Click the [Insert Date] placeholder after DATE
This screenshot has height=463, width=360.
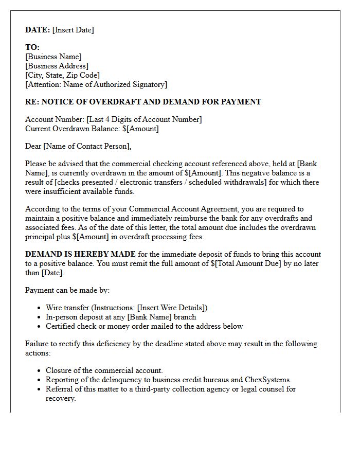tap(73, 30)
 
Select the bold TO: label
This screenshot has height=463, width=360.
tap(32, 47)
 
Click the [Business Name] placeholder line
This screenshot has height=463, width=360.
tap(53, 57)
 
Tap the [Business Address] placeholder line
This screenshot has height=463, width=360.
tap(57, 66)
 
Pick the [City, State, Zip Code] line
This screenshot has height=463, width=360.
tap(62, 75)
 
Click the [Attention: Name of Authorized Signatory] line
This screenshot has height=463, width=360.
tap(96, 84)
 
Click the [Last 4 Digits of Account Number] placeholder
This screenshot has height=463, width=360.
tap(144, 119)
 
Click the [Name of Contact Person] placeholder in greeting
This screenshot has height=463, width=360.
tap(87, 146)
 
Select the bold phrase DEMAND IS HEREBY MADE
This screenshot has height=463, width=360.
tap(81, 254)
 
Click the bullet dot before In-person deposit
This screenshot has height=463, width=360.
tap(40, 317)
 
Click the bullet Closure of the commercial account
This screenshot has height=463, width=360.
tap(104, 370)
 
